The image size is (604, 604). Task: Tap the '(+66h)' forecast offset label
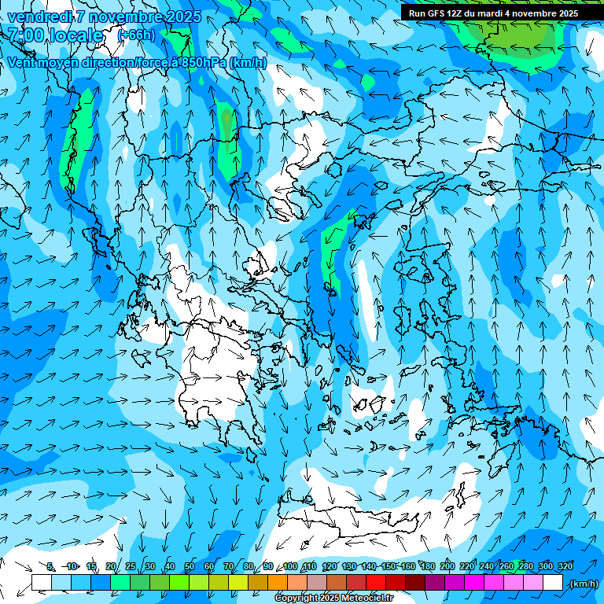[x=136, y=35]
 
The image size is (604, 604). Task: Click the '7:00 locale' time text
[x=55, y=35]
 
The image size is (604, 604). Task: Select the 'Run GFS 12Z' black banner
[x=493, y=13]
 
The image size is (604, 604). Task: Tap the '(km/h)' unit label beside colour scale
[x=584, y=584]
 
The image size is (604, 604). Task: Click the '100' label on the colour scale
[x=290, y=566]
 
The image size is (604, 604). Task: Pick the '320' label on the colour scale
[x=565, y=566]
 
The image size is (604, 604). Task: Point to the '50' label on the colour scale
[x=190, y=566]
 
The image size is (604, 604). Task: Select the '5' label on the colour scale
[x=50, y=566]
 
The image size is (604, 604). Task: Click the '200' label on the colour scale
[x=447, y=566]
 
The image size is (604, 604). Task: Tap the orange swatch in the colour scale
[x=278, y=583]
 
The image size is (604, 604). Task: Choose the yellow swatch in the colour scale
[x=238, y=583]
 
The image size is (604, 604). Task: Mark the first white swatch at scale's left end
[x=42, y=583]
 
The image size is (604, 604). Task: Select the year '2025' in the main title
[x=183, y=17]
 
